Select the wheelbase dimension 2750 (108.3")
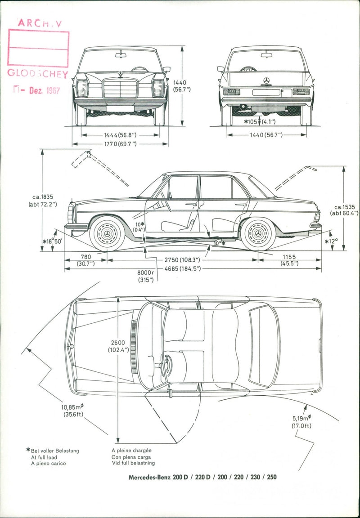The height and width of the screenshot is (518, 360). (x=182, y=260)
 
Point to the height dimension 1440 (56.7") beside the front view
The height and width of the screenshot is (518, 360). (x=182, y=86)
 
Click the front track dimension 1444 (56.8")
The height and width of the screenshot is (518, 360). (x=120, y=134)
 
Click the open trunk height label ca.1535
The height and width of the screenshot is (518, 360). (x=344, y=210)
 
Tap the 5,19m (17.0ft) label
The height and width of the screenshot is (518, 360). (x=301, y=422)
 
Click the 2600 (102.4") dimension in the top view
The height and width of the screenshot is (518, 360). (x=118, y=346)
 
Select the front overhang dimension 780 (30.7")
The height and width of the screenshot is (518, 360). (x=85, y=260)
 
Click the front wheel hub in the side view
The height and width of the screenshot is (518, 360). (x=107, y=234)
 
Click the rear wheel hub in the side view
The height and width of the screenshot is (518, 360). (x=258, y=234)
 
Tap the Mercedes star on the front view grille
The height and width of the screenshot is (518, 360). (x=120, y=74)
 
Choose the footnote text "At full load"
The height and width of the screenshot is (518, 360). (x=44, y=457)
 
